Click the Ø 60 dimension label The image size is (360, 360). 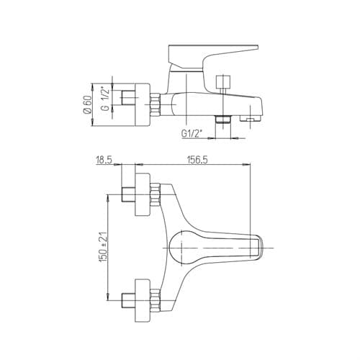pos(88,104)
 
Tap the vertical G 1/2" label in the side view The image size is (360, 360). pos(105,99)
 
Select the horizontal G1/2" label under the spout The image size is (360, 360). pos(191,133)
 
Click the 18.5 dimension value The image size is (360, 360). pos(104,160)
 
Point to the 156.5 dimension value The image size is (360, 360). pos(197,160)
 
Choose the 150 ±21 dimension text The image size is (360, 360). pos(104,247)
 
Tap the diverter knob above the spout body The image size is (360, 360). pos(223,82)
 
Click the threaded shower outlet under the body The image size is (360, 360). pos(223,120)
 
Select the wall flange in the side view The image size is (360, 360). pos(143,104)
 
